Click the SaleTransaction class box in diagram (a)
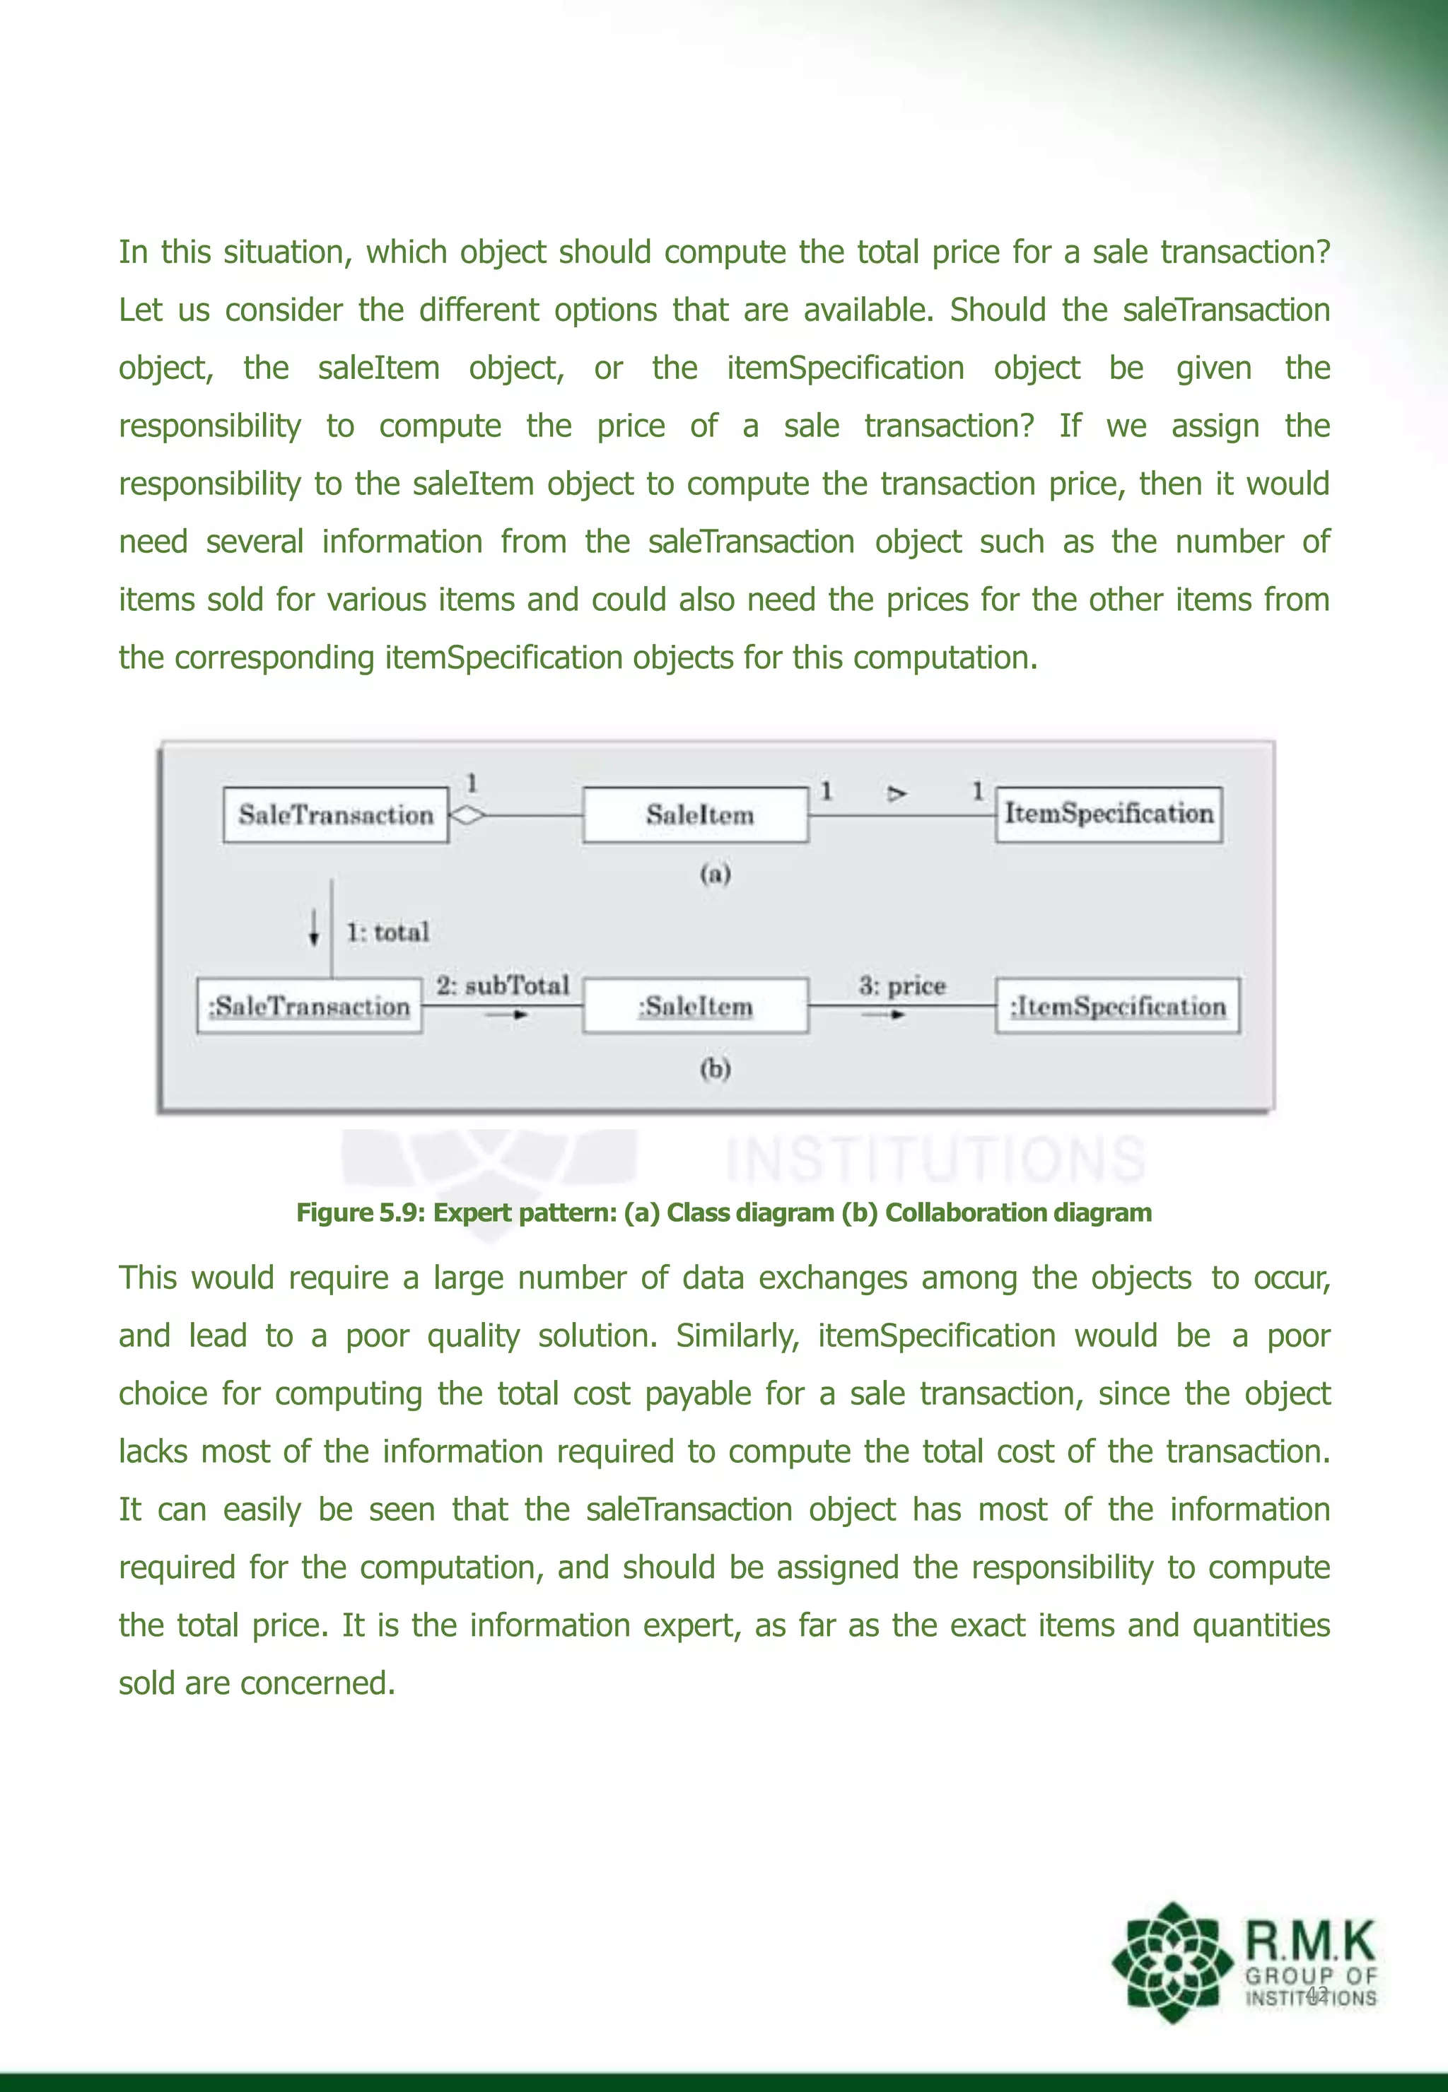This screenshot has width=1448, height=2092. pyautogui.click(x=336, y=814)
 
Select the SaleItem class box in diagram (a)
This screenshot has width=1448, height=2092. pyautogui.click(x=696, y=814)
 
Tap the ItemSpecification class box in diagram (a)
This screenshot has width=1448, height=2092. pyautogui.click(x=1109, y=814)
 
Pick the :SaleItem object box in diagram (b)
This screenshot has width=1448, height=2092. pyautogui.click(x=696, y=1005)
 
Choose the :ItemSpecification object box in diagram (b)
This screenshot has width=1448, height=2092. pyautogui.click(x=1117, y=1005)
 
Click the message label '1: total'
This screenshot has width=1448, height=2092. pyautogui.click(x=387, y=932)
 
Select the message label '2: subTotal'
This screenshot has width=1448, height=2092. pyautogui.click(x=502, y=986)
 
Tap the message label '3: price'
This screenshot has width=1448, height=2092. pyautogui.click(x=902, y=986)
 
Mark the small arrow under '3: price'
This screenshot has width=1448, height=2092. pyautogui.click(x=884, y=1015)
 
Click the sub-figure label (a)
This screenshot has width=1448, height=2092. pyautogui.click(x=715, y=874)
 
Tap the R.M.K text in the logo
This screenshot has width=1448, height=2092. pyautogui.click(x=1310, y=1941)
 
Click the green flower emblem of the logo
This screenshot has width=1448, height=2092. pyautogui.click(x=1172, y=1961)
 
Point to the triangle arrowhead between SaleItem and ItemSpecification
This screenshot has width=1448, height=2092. pyautogui.click(x=897, y=794)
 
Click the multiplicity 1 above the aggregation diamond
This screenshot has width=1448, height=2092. pyautogui.click(x=472, y=782)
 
